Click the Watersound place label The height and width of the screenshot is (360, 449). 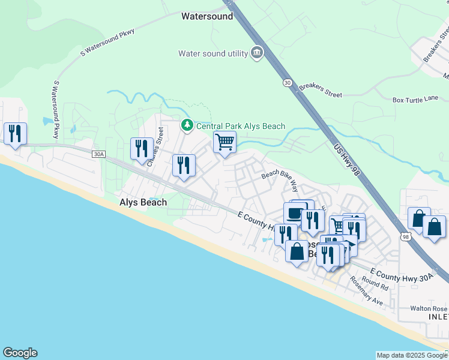point(207,17)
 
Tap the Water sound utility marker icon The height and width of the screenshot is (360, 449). point(257,53)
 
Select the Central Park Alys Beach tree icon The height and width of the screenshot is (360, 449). point(187,125)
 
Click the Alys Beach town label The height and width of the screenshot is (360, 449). point(143,203)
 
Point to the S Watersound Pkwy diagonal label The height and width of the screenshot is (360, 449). point(110,41)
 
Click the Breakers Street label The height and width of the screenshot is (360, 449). point(320,90)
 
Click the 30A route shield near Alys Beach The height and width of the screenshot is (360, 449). point(98,154)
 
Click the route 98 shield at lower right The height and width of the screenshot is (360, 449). point(406,237)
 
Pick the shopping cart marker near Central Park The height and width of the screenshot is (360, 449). point(224,142)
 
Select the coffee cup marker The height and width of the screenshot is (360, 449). point(295,213)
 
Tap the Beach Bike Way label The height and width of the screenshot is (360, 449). point(279,178)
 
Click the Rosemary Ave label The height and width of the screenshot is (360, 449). point(366,290)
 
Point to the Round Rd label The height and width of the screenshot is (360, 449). point(375,283)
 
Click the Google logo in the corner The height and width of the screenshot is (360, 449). point(20,353)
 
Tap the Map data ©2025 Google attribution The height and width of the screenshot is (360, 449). point(412,355)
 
